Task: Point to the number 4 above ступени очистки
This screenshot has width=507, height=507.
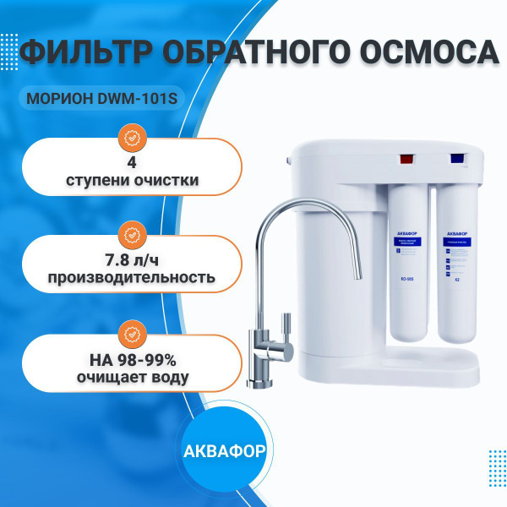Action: (130, 159)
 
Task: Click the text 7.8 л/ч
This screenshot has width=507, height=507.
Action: (130, 258)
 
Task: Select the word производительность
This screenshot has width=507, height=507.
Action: (130, 277)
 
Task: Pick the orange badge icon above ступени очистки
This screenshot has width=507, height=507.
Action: (130, 136)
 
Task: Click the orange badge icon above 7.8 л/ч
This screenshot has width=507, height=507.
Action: (130, 232)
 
